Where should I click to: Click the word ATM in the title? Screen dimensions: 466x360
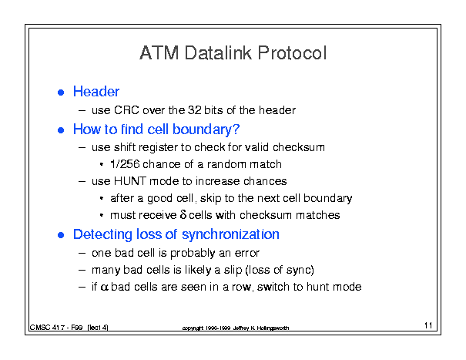(159, 53)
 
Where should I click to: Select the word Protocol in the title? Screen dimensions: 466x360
(293, 53)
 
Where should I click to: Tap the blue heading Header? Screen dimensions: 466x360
(96, 91)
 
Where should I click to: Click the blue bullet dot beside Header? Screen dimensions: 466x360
(61, 93)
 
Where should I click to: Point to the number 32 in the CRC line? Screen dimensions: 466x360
(195, 110)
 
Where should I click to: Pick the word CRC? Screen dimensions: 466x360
(126, 110)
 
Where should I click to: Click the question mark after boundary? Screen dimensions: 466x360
(236, 129)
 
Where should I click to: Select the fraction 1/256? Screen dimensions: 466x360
(125, 164)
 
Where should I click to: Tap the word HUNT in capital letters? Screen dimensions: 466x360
(130, 181)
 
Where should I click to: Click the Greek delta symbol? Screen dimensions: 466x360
(183, 214)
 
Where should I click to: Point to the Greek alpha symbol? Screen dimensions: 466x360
(104, 287)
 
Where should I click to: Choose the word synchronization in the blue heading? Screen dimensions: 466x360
(230, 234)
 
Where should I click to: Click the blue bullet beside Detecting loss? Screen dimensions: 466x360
(61, 235)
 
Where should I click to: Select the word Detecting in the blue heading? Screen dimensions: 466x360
(102, 234)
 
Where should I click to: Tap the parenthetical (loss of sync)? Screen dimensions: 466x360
(280, 270)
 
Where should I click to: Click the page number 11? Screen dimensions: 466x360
(428, 325)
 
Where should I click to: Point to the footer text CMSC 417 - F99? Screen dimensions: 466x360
(56, 328)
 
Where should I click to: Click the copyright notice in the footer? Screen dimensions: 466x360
(236, 328)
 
